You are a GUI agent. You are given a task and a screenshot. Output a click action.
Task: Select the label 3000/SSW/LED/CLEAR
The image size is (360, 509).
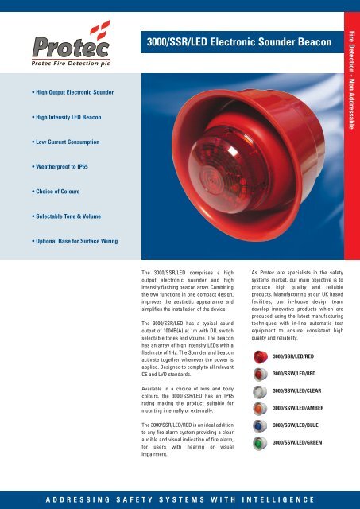click(303, 390)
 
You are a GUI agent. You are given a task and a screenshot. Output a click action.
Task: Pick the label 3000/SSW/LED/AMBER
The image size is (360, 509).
click(304, 408)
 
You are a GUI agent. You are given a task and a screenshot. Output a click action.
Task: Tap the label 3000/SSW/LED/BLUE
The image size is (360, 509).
click(301, 426)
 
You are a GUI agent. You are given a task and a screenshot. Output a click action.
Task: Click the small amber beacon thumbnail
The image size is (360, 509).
click(260, 408)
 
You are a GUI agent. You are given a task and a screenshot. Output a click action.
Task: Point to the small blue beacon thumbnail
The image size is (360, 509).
click(260, 426)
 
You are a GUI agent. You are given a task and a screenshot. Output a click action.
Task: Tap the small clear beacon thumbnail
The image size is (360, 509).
click(260, 390)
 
